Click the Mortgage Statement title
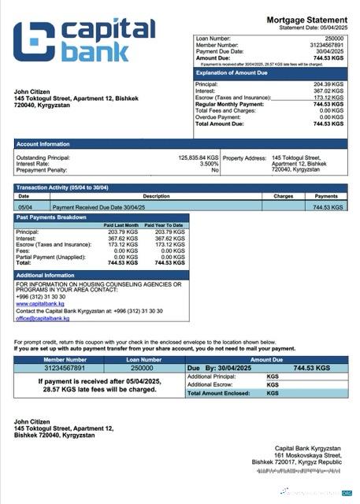[x=306, y=19]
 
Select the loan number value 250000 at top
[x=334, y=38]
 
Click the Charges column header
[x=284, y=195]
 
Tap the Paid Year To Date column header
[x=170, y=225]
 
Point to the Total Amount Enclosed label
[x=219, y=392]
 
